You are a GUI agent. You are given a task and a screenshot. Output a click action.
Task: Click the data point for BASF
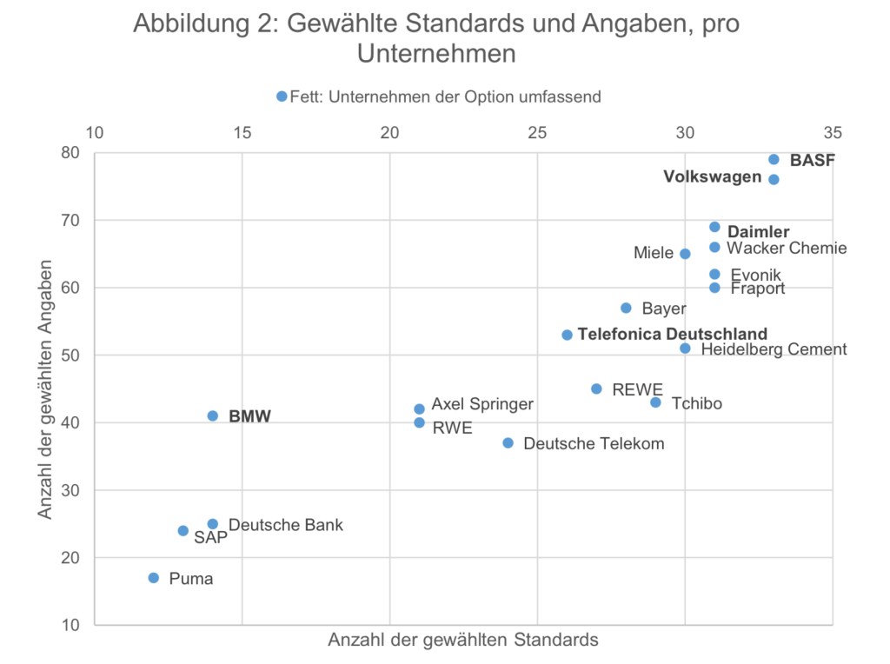tap(774, 159)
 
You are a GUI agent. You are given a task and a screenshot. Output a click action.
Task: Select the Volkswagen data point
tap(774, 179)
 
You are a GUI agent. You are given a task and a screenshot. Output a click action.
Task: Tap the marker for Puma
tap(154, 578)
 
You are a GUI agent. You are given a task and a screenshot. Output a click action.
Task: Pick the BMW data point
tap(213, 416)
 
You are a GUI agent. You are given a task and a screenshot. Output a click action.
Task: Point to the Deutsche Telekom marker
tap(508, 443)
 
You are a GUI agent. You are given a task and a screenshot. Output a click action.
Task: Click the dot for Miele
tap(685, 254)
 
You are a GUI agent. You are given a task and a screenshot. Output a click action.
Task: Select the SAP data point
tap(183, 531)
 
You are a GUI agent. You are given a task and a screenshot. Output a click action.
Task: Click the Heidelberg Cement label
tap(774, 349)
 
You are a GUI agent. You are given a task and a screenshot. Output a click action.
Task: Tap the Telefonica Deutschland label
tap(672, 334)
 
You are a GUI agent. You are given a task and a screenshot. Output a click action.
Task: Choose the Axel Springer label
tap(482, 404)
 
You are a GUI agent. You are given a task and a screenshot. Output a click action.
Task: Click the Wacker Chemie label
tap(787, 249)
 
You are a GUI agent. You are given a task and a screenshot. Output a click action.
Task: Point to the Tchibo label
tap(696, 403)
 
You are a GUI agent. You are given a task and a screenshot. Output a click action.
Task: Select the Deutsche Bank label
tap(286, 525)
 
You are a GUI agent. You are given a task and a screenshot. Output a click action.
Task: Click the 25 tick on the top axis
tap(537, 133)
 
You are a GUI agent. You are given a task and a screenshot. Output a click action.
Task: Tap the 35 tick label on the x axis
tap(832, 133)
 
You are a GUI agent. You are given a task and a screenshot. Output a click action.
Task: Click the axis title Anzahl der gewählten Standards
tap(462, 641)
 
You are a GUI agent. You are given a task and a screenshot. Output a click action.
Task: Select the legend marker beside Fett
tap(282, 96)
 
